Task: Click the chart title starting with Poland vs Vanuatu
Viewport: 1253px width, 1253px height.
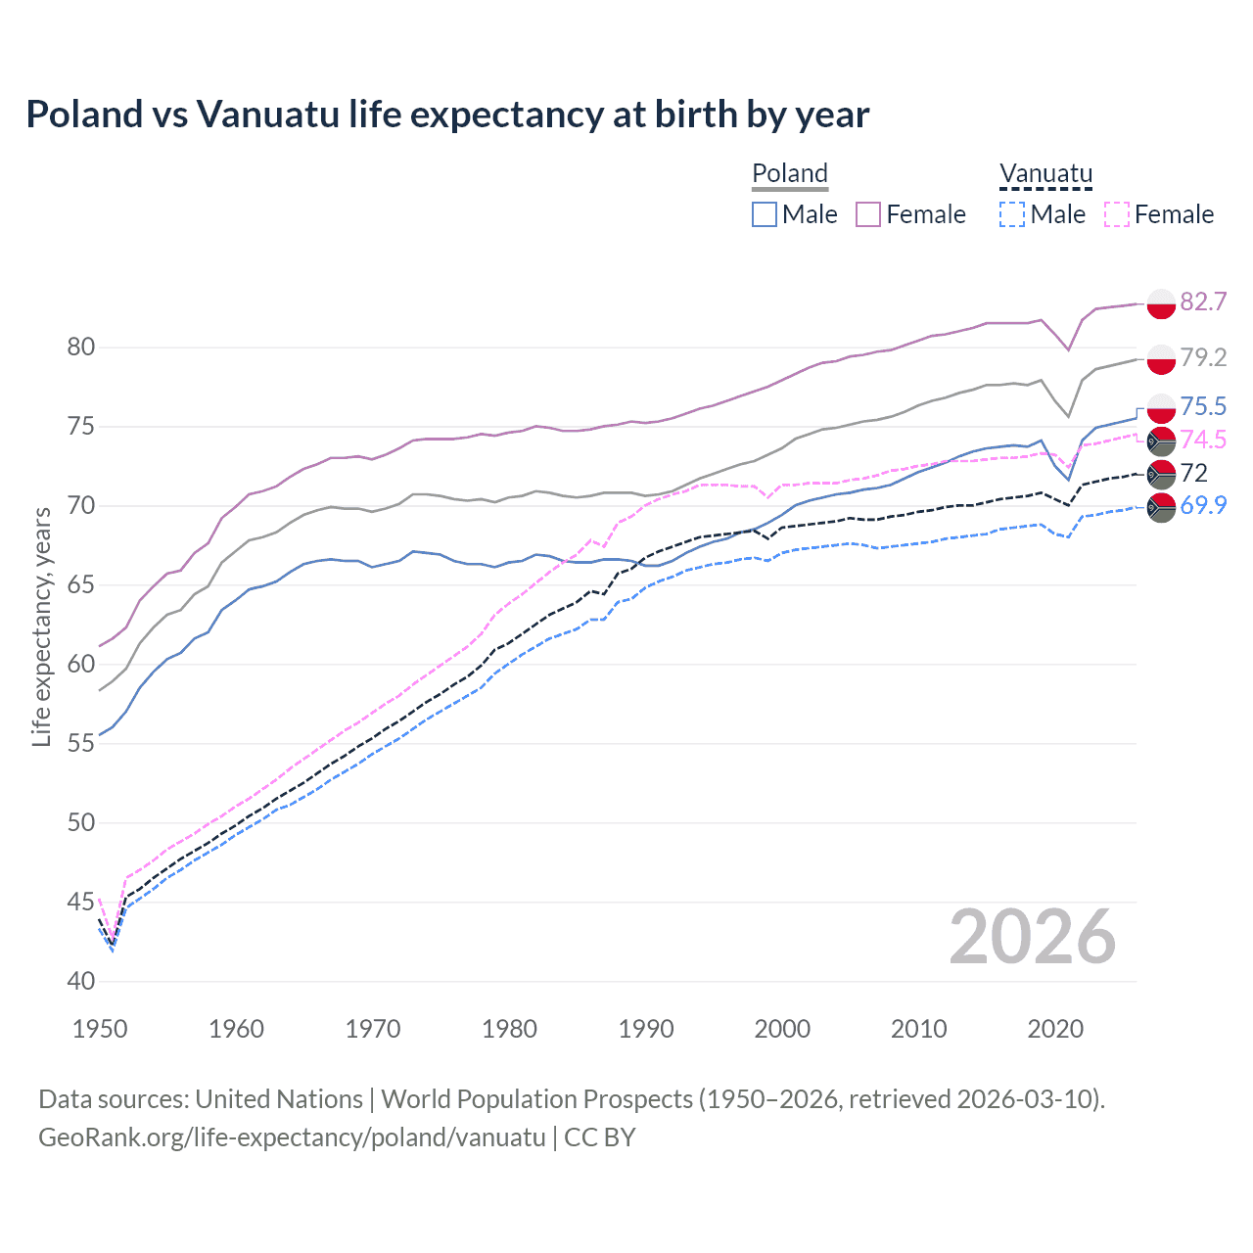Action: pyautogui.click(x=447, y=115)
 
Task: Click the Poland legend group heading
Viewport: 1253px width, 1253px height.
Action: pyautogui.click(x=790, y=173)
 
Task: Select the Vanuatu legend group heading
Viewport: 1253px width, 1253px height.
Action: pyautogui.click(x=1045, y=173)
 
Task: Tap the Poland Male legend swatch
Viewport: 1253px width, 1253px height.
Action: pyautogui.click(x=765, y=214)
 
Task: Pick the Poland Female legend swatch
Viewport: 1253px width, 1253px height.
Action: pyautogui.click(x=868, y=214)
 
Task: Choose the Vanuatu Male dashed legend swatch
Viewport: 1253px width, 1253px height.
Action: pyautogui.click(x=1012, y=214)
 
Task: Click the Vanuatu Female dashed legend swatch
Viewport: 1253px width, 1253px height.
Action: pyautogui.click(x=1117, y=214)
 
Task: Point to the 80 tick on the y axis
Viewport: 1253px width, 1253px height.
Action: pyautogui.click(x=81, y=348)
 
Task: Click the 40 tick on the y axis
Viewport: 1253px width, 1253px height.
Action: pyautogui.click(x=81, y=981)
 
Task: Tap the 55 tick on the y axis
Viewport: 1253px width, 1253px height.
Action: pyautogui.click(x=81, y=743)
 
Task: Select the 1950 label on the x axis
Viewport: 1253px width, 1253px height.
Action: pyautogui.click(x=100, y=1029)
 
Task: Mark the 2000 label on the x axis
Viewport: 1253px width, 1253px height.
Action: pyautogui.click(x=782, y=1029)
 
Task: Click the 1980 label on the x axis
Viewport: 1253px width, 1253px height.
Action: pyautogui.click(x=509, y=1029)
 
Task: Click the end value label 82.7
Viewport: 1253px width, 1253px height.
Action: pyautogui.click(x=1203, y=302)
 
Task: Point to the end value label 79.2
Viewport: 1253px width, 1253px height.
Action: pyautogui.click(x=1203, y=357)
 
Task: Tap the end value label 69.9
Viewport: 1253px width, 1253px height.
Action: pyautogui.click(x=1203, y=505)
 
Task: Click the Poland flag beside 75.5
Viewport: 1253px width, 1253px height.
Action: pyautogui.click(x=1161, y=407)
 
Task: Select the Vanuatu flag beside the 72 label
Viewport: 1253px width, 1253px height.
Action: pyautogui.click(x=1161, y=474)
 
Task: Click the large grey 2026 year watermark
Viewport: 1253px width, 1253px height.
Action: pyautogui.click(x=1032, y=937)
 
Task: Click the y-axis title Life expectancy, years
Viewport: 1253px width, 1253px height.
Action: pyautogui.click(x=41, y=626)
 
